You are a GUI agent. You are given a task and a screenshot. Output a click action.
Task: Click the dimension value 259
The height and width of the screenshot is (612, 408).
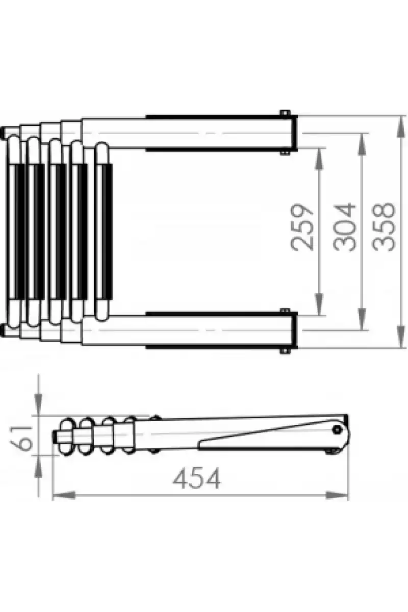pos(301,227)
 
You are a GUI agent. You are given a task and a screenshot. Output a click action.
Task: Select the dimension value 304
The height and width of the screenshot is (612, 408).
pos(345,227)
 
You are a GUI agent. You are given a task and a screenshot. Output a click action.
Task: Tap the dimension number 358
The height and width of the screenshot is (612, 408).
pos(384,227)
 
